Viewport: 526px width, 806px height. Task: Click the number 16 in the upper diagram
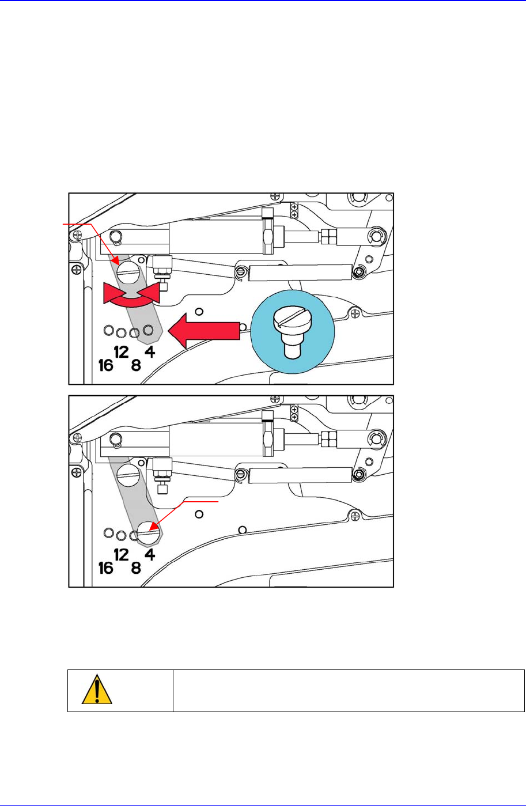(105, 365)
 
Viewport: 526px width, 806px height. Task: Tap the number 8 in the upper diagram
(136, 365)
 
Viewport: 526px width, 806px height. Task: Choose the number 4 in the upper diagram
(149, 351)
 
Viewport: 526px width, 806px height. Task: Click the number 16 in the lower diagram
(105, 569)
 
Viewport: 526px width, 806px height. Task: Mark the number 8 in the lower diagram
(136, 569)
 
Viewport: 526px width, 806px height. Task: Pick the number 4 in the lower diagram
(149, 554)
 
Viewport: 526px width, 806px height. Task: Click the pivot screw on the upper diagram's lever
(128, 270)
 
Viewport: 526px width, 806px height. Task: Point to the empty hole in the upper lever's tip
(149, 330)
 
